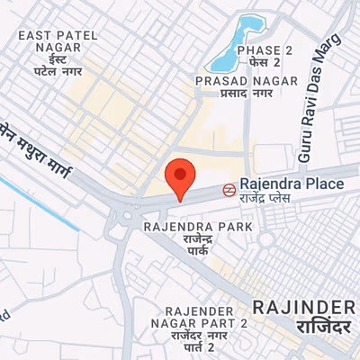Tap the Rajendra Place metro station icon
click(x=229, y=190)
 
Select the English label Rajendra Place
click(x=291, y=184)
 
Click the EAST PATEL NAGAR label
click(x=58, y=41)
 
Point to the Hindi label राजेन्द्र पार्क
click(x=198, y=246)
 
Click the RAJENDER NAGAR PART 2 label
click(x=206, y=315)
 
